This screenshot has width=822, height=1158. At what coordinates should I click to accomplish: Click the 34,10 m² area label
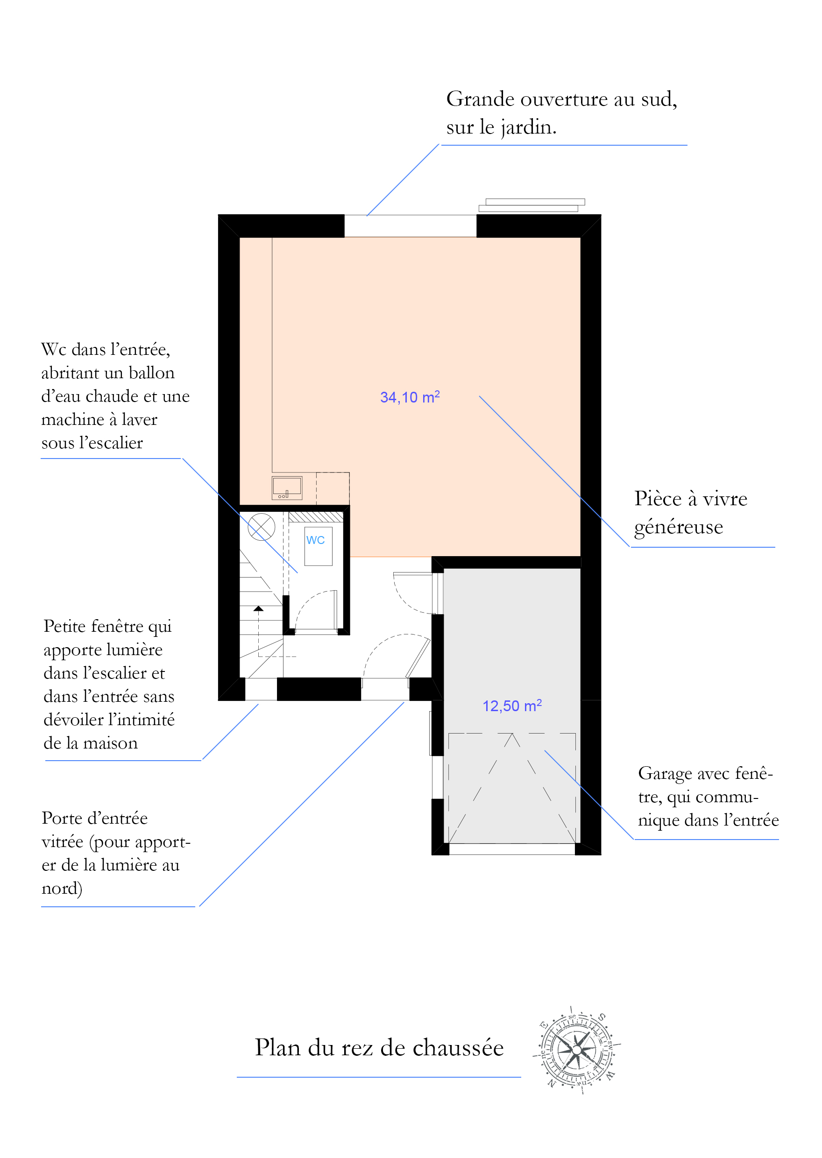pyautogui.click(x=410, y=397)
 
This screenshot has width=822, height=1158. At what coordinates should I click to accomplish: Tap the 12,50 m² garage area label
pyautogui.click(x=512, y=706)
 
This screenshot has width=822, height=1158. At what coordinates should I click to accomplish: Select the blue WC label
pyautogui.click(x=315, y=540)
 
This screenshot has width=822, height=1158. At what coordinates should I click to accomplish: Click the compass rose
pyautogui.click(x=576, y=1050)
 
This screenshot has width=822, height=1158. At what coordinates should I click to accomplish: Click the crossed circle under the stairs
pyautogui.click(x=261, y=527)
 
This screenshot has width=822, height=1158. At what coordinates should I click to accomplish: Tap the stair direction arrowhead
pyautogui.click(x=259, y=608)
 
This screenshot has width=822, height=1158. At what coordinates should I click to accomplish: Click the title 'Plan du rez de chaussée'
pyautogui.click(x=379, y=1048)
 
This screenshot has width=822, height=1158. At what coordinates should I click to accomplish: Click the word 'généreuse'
pyautogui.click(x=679, y=528)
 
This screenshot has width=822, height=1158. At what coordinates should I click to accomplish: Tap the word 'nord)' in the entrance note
pyautogui.click(x=62, y=889)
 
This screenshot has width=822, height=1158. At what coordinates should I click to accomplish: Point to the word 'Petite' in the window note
pyautogui.click(x=68, y=626)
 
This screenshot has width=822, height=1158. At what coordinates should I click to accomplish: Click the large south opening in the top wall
pyautogui.click(x=411, y=226)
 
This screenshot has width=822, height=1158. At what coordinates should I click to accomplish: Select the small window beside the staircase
pyautogui.click(x=261, y=689)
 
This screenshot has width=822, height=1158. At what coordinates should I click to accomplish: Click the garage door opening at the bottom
pyautogui.click(x=512, y=849)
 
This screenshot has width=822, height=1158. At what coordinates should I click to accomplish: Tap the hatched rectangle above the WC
pyautogui.click(x=316, y=516)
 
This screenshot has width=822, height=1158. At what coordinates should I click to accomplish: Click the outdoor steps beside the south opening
pyautogui.click(x=532, y=205)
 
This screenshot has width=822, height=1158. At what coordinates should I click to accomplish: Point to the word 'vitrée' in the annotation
pyautogui.click(x=62, y=842)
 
